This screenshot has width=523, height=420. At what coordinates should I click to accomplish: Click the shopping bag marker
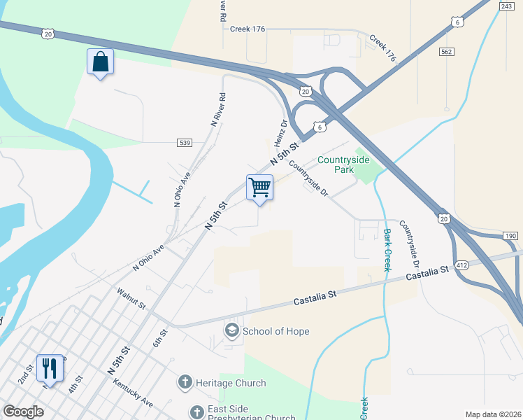[x=100, y=62]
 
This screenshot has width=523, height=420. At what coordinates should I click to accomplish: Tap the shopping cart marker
[x=259, y=188]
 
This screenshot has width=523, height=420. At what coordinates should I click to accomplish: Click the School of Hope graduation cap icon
[x=231, y=330]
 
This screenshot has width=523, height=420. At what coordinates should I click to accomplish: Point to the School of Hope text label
[x=276, y=330]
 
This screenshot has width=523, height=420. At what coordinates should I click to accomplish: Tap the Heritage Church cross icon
[x=185, y=382]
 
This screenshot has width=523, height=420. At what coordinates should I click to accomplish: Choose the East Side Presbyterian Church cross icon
[x=196, y=411]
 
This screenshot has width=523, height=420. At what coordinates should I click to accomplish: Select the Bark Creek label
[x=387, y=250]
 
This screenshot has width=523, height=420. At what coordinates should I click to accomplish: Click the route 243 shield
[x=508, y=6]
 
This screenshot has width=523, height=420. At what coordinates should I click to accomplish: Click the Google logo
[x=23, y=412]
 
